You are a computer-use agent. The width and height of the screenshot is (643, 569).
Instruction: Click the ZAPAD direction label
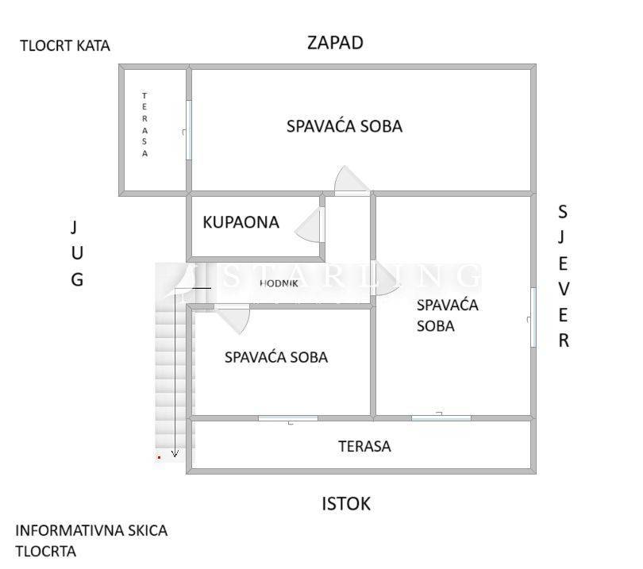point(335,43)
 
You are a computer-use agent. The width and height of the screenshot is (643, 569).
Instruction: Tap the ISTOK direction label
point(346,504)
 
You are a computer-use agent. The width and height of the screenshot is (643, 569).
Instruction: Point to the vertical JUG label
point(77,253)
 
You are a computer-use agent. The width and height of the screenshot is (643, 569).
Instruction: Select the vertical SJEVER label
point(564,276)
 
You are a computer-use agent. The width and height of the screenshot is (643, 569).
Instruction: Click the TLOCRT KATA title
point(65,45)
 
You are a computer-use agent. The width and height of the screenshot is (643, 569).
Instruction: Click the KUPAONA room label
point(241,222)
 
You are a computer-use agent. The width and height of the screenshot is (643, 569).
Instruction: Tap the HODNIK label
point(279,283)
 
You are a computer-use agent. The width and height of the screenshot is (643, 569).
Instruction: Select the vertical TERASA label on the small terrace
point(144,125)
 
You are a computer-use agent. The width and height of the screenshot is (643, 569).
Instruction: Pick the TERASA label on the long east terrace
point(364,446)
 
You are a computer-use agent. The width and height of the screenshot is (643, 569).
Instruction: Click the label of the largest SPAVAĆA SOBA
point(345,126)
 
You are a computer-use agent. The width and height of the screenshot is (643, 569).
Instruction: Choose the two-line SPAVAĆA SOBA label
point(448,316)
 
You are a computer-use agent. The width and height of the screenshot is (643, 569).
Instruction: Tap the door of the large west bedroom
point(352,181)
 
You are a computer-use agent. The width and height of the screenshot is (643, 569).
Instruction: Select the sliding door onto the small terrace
point(189,130)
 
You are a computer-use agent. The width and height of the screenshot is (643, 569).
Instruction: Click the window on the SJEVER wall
point(533,317)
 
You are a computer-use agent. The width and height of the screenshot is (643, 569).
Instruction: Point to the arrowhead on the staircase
point(175,454)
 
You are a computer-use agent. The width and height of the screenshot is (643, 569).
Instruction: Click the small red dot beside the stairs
point(159,457)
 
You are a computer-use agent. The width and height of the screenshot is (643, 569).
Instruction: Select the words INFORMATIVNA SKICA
point(91,530)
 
